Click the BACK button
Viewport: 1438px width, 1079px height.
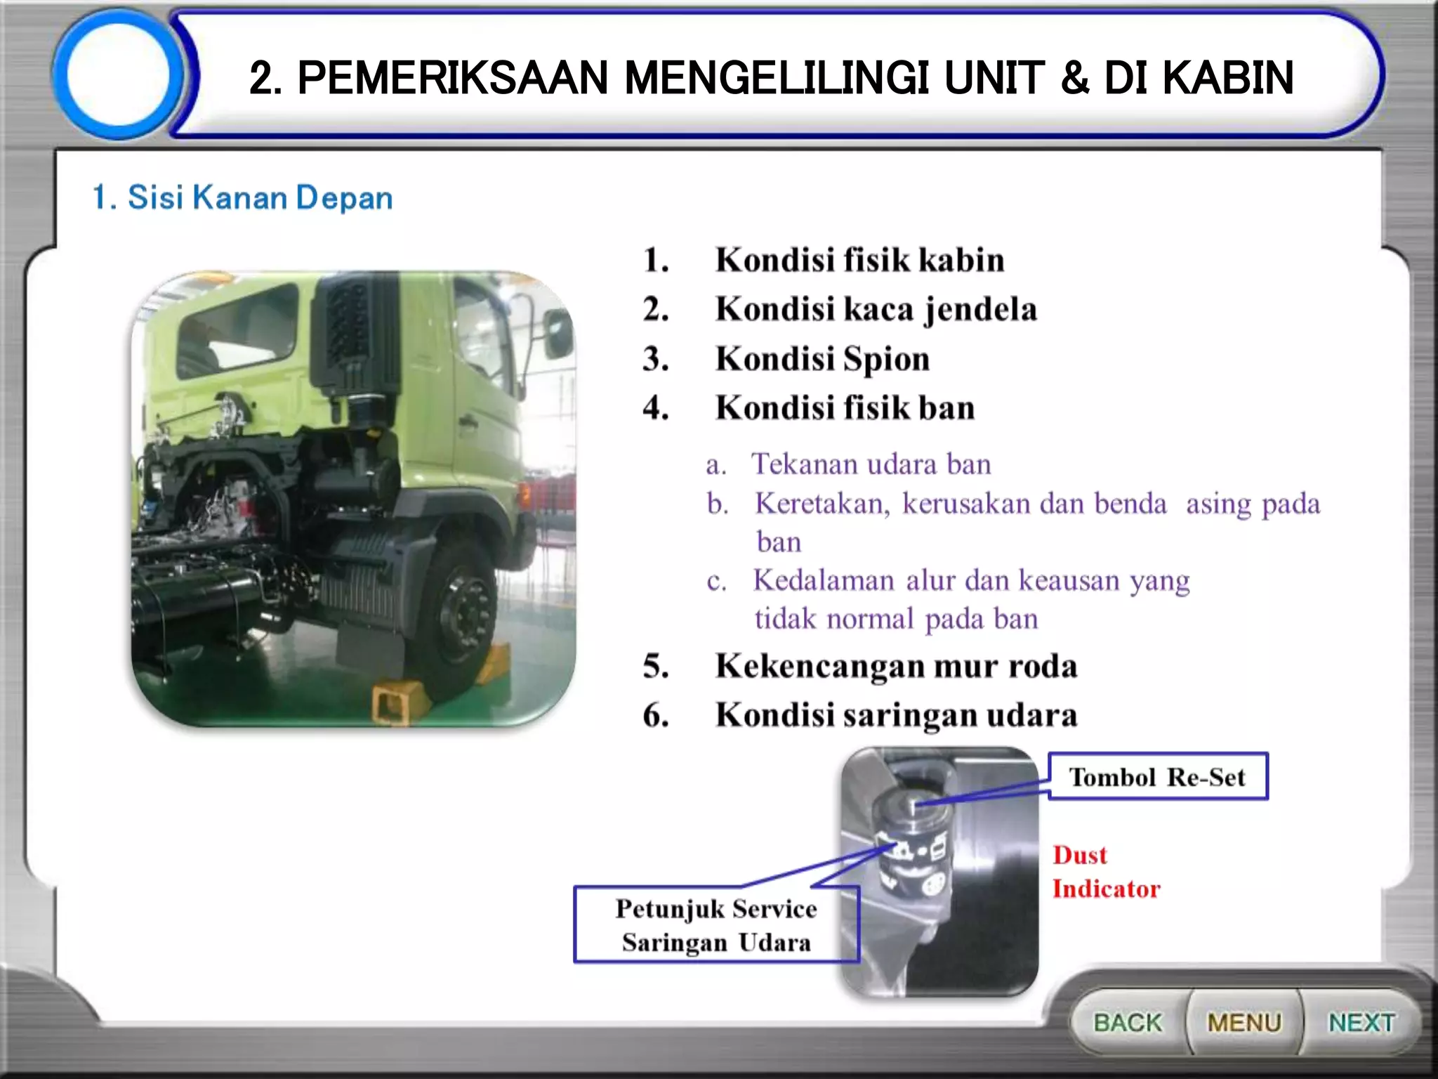click(x=1128, y=1022)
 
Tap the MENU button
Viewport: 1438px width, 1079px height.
click(x=1244, y=1022)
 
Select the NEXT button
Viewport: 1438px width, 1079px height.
click(x=1361, y=1022)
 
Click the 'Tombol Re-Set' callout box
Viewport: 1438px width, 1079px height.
click(x=1158, y=777)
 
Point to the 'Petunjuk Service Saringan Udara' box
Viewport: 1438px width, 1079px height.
click(x=716, y=925)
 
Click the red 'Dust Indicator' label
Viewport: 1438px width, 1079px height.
click(x=1105, y=872)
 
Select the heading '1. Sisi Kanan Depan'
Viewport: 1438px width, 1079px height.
click(x=242, y=197)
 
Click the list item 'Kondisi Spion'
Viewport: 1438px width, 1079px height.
click(x=822, y=359)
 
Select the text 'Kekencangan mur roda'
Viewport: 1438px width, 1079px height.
click(x=896, y=666)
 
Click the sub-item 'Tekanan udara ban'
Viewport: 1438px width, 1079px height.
click(x=871, y=464)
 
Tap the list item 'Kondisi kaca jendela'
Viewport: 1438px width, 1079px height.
click(x=876, y=309)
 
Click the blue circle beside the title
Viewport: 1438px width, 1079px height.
click(x=118, y=74)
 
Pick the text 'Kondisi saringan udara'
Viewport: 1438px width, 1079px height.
click(x=896, y=715)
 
